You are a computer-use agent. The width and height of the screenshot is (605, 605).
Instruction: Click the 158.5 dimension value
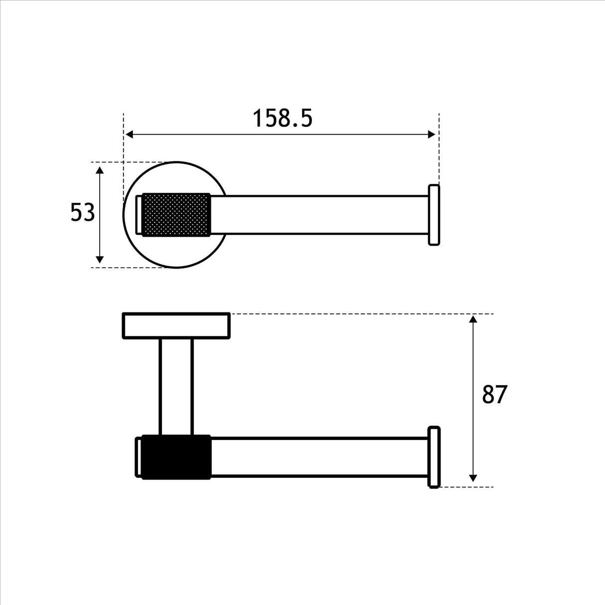283,119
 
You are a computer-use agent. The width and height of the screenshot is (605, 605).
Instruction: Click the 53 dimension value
82,213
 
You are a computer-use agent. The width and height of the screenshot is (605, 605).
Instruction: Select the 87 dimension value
494,395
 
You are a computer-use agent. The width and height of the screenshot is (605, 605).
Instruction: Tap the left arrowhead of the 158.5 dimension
129,135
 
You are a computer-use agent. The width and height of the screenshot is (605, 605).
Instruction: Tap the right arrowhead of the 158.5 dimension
432,135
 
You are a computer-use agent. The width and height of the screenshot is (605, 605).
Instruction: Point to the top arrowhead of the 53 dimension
100,170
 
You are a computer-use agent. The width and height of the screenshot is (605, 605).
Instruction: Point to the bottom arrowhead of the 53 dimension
100,259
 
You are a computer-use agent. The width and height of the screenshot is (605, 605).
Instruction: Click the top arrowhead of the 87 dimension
473,319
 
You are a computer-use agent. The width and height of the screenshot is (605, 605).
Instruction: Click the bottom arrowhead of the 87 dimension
473,478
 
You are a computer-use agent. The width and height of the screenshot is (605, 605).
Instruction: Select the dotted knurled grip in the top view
176,214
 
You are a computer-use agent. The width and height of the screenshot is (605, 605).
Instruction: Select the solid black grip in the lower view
176,457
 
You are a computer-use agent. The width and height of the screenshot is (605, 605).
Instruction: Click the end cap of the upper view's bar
434,215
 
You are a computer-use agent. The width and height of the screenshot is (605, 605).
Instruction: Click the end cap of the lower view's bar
434,457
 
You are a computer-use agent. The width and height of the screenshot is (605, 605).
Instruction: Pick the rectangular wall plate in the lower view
176,326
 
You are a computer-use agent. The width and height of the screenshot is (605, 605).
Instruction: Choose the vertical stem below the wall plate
176,386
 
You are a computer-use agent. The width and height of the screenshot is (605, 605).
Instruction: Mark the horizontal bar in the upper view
319,215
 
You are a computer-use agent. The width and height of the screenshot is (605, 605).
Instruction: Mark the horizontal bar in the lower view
319,457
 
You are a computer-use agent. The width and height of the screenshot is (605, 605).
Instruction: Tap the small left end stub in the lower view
139,457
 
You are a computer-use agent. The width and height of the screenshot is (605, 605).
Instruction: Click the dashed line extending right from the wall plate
359,314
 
